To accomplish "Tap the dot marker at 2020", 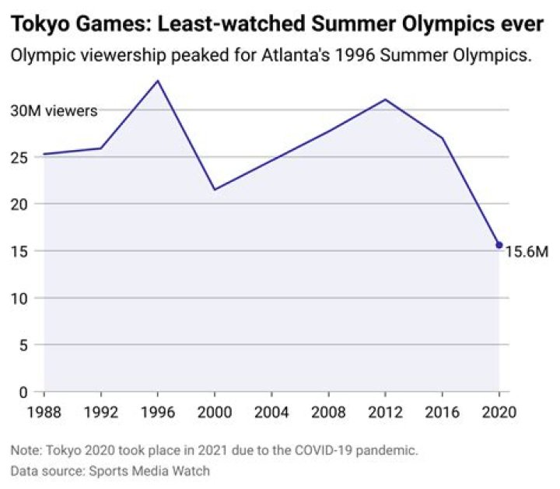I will [499, 245].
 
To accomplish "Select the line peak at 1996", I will [158, 80].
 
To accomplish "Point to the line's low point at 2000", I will [215, 190].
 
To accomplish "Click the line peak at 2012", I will [385, 100].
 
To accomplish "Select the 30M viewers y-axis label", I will [54, 111].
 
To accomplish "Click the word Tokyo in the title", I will [37, 24].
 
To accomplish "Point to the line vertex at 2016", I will [442, 138].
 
